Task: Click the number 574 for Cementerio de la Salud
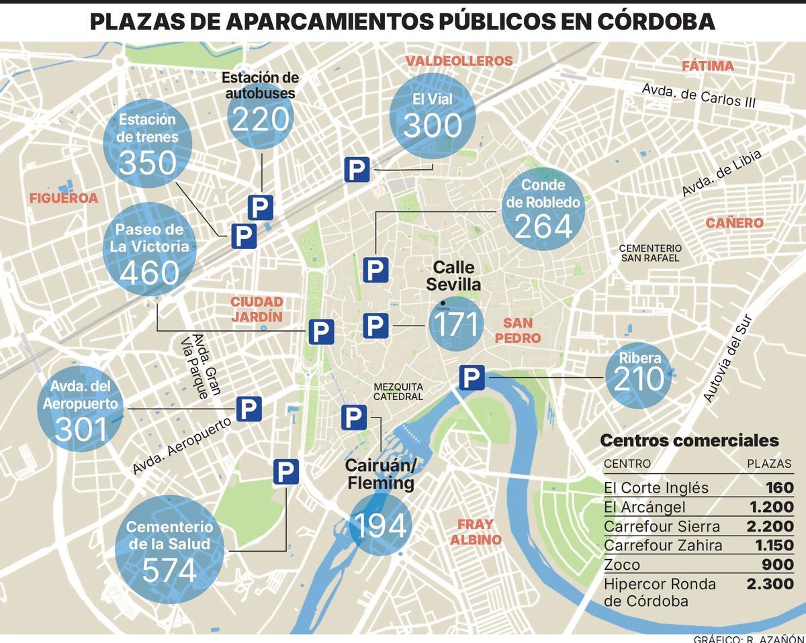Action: coord(169,571)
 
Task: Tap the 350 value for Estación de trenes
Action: coord(148,163)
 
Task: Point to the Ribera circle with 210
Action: coord(638,377)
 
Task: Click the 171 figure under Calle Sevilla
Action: coord(457,325)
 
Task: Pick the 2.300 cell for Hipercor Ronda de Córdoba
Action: coord(770,585)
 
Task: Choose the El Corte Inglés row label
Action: coord(647,488)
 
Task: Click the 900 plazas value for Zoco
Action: coord(778,565)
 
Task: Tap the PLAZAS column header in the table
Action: coord(769,464)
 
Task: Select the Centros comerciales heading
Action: coord(689,441)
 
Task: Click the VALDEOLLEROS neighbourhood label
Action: coord(459,61)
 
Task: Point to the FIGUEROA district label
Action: coord(64,198)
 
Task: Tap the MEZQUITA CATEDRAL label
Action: coord(398,392)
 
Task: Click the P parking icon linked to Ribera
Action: coord(472,379)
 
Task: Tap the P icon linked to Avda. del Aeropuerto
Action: coord(249,409)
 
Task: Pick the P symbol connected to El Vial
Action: coord(357,170)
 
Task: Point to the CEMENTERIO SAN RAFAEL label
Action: coord(650,253)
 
